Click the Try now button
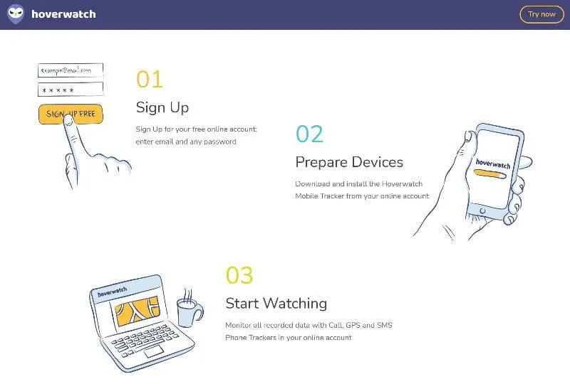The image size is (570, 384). [x=541, y=14]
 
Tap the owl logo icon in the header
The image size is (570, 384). [x=16, y=14]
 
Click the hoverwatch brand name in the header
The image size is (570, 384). [x=63, y=14]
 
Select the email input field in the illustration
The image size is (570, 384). [x=71, y=70]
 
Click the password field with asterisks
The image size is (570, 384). [x=71, y=90]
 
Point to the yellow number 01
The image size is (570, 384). [x=150, y=79]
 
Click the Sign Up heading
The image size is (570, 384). [x=162, y=107]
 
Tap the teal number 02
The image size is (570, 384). [x=309, y=134]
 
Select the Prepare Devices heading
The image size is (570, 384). [x=349, y=162]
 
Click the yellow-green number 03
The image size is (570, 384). [x=239, y=275]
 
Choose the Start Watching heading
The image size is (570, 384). [x=276, y=304]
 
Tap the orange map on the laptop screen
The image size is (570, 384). [x=137, y=311]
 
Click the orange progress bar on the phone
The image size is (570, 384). [x=489, y=174]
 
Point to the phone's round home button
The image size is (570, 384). [x=482, y=210]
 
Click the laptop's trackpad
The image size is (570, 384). [x=154, y=351]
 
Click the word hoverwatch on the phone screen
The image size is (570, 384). [x=493, y=164]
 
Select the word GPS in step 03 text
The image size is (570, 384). [x=353, y=325]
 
